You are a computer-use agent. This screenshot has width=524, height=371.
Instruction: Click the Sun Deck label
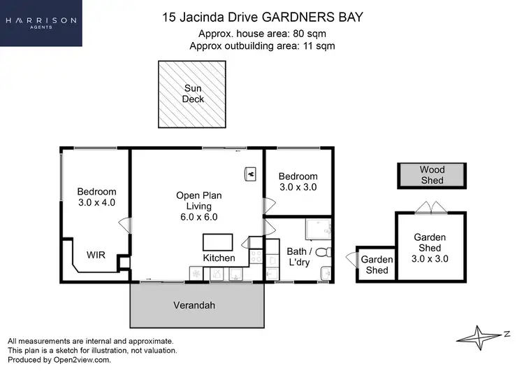(194, 94)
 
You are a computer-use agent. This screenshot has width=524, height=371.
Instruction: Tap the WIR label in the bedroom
(96, 255)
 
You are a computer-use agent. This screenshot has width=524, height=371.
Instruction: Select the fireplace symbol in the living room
(250, 172)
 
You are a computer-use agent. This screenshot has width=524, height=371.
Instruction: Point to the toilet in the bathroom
(323, 251)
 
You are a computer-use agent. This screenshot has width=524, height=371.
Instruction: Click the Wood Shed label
(432, 175)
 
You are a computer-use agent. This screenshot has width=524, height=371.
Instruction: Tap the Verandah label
(194, 306)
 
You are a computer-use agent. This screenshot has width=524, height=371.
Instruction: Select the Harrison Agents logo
(41, 23)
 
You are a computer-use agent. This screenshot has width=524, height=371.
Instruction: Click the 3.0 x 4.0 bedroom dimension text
(96, 202)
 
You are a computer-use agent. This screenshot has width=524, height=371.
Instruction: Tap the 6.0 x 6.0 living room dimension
(198, 217)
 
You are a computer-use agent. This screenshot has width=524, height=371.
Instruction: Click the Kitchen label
(219, 258)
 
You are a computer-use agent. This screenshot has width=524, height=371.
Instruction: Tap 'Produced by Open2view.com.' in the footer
(59, 360)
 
